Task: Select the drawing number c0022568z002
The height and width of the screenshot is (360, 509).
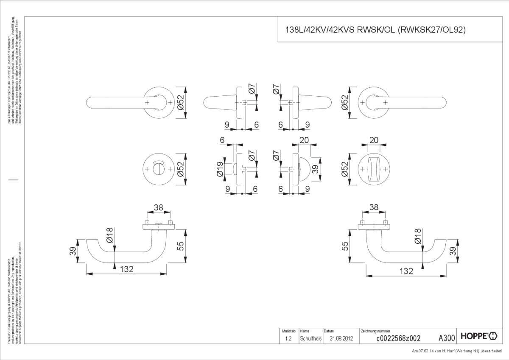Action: pos(398,338)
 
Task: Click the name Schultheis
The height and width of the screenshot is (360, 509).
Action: pos(310,338)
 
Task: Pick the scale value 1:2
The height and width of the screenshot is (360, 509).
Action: pos(288,338)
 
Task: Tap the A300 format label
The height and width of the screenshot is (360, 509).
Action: pos(446,338)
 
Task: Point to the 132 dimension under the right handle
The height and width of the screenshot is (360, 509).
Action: pos(406,271)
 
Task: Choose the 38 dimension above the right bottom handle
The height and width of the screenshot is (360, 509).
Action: pos(373,207)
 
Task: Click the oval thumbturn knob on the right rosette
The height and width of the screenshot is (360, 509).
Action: pos(374,169)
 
